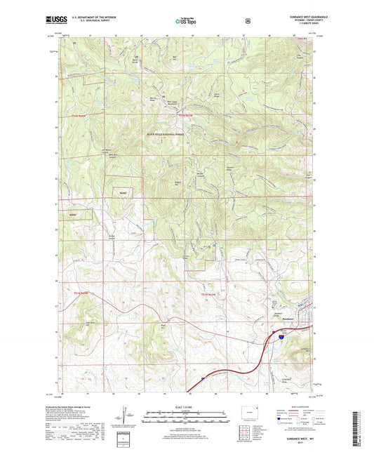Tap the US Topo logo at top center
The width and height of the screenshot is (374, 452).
pos(186,22)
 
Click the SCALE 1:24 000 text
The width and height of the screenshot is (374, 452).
pos(186,408)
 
